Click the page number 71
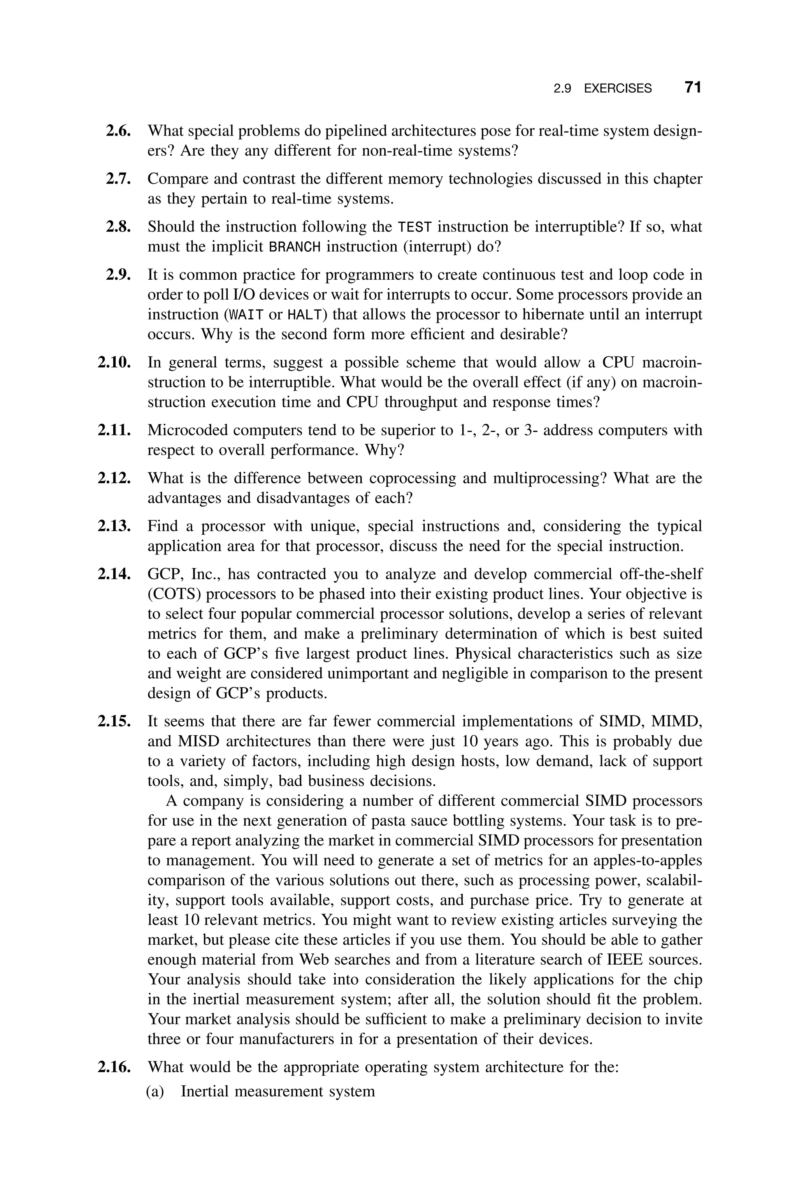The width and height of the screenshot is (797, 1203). pos(693,88)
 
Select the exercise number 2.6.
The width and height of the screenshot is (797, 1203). pos(118,131)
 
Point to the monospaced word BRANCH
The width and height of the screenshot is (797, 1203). pos(295,247)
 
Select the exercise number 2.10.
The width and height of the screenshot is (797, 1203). pos(114,363)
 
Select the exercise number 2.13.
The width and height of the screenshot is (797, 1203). pos(114,526)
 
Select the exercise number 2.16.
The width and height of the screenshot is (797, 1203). pos(114,1067)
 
